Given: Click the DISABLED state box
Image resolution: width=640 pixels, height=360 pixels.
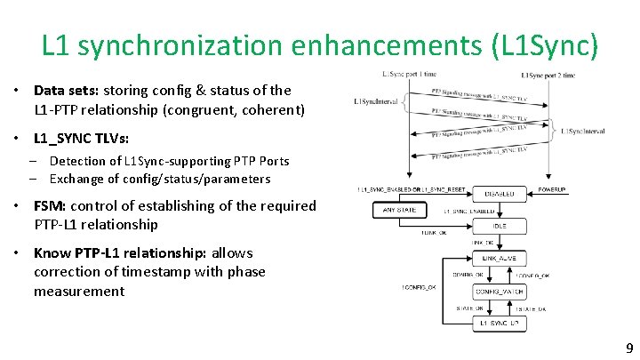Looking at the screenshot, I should point(500,194).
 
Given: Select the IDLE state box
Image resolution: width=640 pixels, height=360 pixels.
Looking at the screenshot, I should point(500,226).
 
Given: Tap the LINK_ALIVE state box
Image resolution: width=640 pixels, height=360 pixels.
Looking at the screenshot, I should point(500,259).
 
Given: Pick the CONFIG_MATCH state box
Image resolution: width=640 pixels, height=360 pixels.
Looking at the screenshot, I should point(500,292).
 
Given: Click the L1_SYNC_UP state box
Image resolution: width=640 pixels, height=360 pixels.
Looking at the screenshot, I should point(500,324).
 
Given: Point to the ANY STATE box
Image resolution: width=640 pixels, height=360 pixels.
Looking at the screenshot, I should point(400,211).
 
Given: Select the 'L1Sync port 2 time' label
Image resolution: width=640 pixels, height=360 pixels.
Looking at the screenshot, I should point(548,76).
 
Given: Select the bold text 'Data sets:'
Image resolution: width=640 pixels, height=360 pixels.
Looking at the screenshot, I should point(67,90).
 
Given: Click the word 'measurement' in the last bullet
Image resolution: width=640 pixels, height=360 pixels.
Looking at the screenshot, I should point(79,291).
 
